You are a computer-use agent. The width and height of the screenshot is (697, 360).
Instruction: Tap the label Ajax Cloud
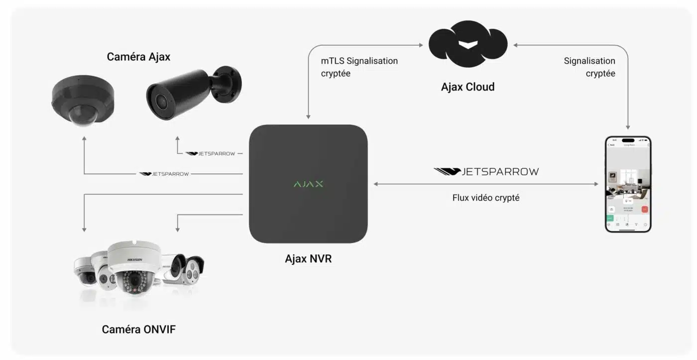click(467, 87)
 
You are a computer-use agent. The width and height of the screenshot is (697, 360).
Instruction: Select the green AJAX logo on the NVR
click(308, 184)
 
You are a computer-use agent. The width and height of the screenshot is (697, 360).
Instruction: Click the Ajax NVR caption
click(308, 259)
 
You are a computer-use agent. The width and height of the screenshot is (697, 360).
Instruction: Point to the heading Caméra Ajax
click(138, 57)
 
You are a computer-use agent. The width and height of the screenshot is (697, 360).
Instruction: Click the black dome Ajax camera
click(83, 100)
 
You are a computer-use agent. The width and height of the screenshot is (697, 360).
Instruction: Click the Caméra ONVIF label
click(138, 330)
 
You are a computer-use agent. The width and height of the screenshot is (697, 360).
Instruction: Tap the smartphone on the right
click(628, 184)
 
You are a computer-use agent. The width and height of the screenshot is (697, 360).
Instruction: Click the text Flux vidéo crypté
click(485, 198)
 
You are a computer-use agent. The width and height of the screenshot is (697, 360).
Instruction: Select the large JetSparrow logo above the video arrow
click(486, 172)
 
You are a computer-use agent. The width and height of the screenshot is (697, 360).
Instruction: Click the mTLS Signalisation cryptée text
click(359, 67)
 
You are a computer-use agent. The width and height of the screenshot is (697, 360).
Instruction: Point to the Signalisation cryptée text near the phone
click(589, 67)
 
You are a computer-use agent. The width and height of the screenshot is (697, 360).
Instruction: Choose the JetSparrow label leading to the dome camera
click(164, 174)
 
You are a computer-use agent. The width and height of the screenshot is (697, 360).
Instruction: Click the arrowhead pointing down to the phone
click(628, 127)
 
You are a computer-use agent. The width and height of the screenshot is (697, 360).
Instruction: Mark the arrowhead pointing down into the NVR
click(308, 117)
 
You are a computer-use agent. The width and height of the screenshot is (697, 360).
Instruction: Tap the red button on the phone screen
click(644, 210)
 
